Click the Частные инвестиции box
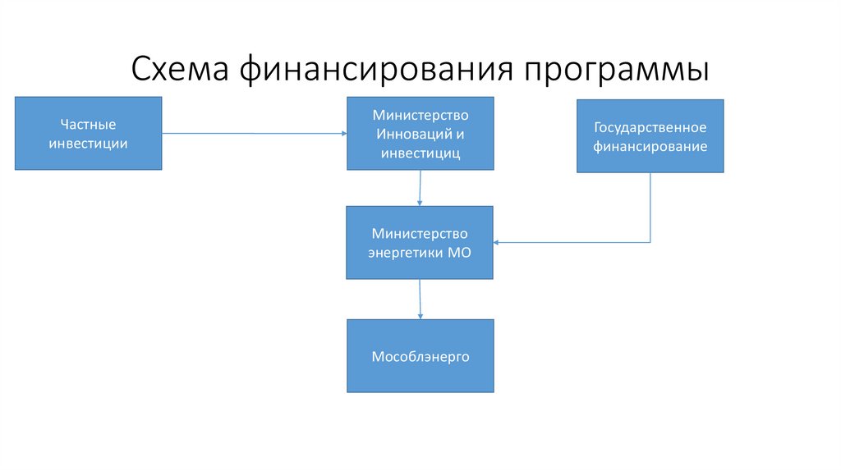(88, 133)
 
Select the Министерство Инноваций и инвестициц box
(420, 133)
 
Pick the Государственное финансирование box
(650, 136)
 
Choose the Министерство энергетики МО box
(420, 242)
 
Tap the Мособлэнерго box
(420, 356)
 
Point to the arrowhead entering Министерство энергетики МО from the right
(499, 242)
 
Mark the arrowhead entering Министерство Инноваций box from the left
(342, 133)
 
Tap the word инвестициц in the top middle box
(420, 153)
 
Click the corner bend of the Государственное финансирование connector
(650, 242)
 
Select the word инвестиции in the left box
(88, 144)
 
